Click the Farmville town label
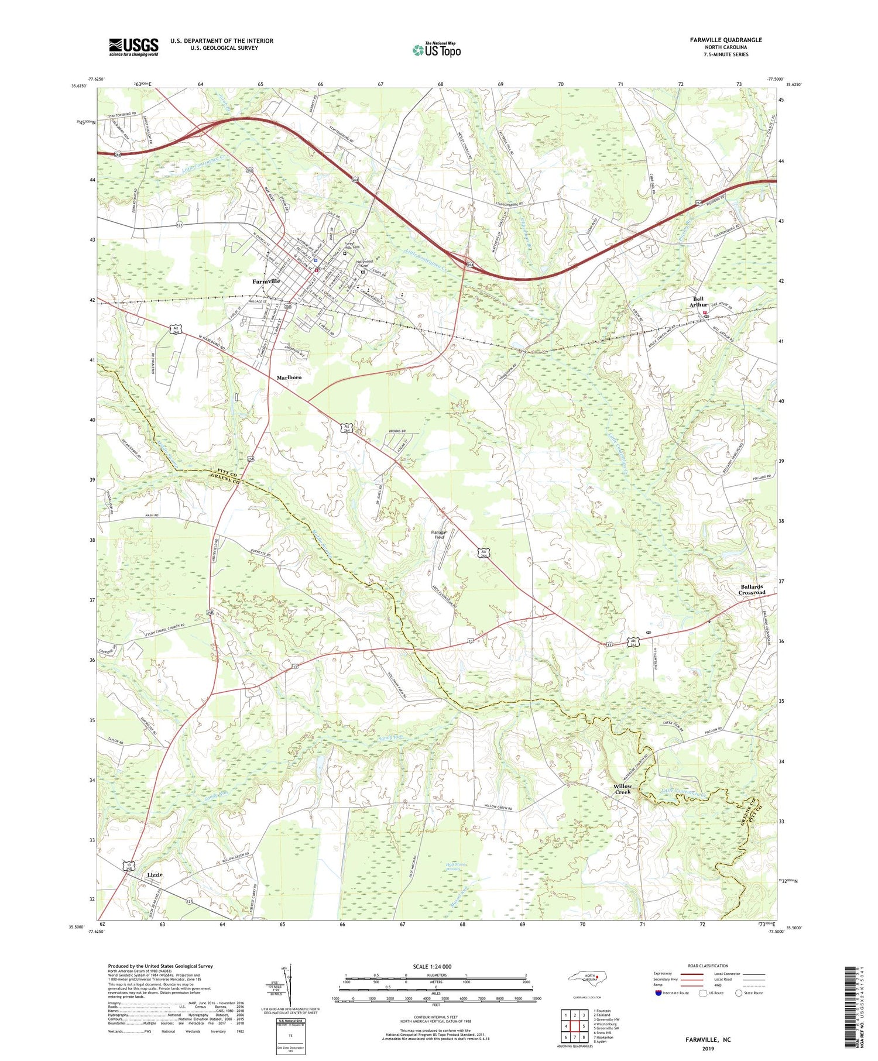tap(266, 281)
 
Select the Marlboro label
tap(289, 377)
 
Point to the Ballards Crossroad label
tap(751, 589)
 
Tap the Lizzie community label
tap(155, 874)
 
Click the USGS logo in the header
tap(133, 47)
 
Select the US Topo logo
tap(435, 50)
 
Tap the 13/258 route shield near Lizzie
tap(128, 866)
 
